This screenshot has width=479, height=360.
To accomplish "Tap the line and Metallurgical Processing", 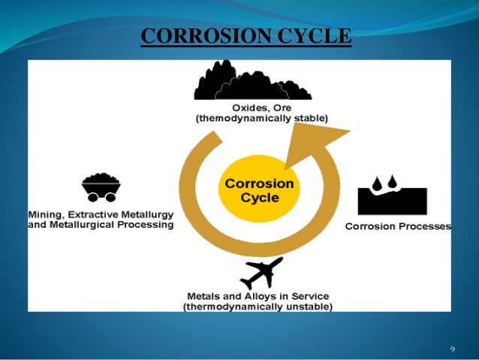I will click(x=101, y=225).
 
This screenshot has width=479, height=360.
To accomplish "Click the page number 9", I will click(x=453, y=349).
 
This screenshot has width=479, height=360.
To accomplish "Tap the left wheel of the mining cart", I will click(x=91, y=198).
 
